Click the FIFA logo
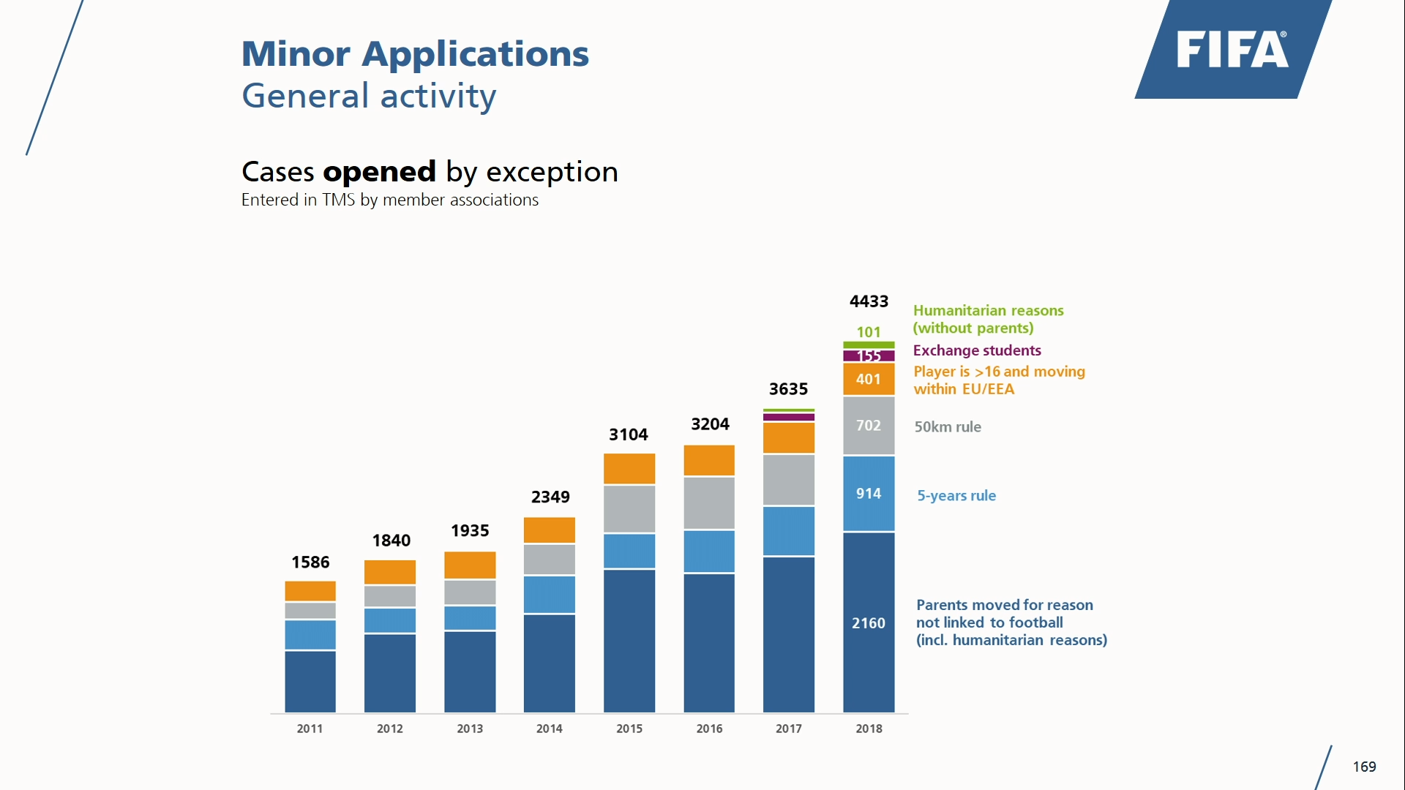coord(1232,50)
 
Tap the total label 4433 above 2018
coord(869,301)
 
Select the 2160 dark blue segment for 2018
coord(869,622)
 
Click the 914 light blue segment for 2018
coord(869,494)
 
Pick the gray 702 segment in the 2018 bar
coord(869,426)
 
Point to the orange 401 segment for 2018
coord(869,379)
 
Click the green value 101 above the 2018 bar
coord(869,332)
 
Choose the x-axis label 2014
coord(550,729)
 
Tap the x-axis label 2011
coord(310,729)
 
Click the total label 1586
coord(310,563)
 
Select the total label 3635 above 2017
coord(788,389)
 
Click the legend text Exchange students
coord(977,350)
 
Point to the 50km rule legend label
coord(948,427)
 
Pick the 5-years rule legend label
coord(956,496)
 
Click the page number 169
coord(1364,767)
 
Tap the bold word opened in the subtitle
coord(379,172)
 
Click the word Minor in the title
coord(296,54)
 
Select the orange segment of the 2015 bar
coord(629,469)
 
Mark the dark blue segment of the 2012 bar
coord(390,673)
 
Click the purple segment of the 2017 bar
coord(789,417)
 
